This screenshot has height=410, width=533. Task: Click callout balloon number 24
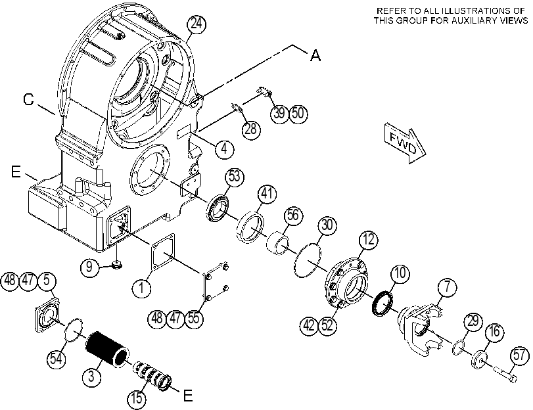point(197,24)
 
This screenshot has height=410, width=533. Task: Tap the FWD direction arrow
point(405,143)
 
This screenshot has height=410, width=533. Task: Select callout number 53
point(235,177)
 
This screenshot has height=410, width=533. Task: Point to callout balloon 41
point(267,193)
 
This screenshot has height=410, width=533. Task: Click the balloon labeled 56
point(293,215)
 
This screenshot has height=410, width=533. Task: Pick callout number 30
point(327,225)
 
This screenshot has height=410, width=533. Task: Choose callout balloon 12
point(369,239)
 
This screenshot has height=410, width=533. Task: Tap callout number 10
point(400,273)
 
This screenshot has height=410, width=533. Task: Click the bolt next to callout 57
point(505,373)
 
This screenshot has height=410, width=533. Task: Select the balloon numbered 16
point(495,330)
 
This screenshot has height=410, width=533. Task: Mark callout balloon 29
point(473,321)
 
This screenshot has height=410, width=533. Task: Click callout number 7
point(448,286)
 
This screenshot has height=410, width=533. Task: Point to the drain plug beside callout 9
point(117,265)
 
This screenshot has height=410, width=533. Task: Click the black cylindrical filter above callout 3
point(107,349)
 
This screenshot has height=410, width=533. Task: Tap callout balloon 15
point(137,398)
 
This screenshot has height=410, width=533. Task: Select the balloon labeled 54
point(56,358)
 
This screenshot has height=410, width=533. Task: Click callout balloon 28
point(251,129)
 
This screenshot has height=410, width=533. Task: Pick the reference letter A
point(315,55)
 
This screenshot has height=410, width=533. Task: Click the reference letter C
point(29,99)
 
